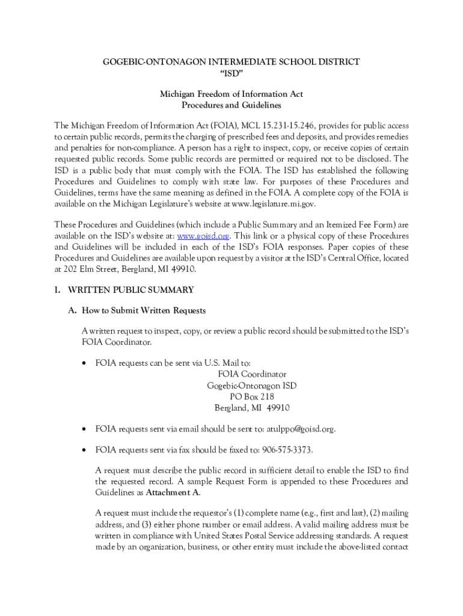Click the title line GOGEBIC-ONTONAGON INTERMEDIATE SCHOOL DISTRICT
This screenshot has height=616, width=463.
231,62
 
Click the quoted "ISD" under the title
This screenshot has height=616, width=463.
231,73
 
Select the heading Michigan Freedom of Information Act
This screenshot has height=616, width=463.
231,94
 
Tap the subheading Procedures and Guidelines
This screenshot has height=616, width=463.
231,105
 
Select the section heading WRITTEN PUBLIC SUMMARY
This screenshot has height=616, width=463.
130,290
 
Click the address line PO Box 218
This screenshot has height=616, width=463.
252,396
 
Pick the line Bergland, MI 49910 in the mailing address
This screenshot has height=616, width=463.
252,408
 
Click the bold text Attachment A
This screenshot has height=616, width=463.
173,492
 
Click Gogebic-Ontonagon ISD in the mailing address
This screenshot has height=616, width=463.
252,386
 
